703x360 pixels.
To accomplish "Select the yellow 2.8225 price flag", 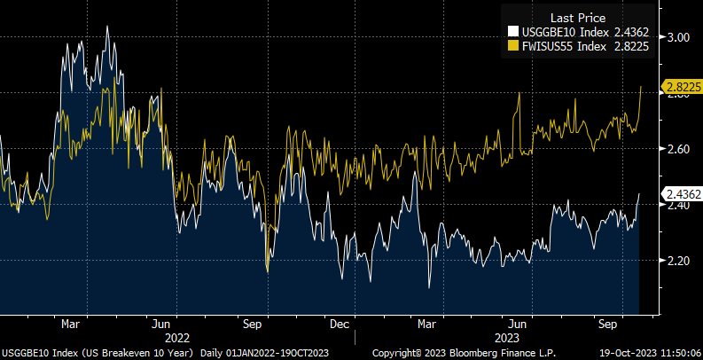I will coord(683,87).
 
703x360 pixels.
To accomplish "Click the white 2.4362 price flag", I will coord(683,194).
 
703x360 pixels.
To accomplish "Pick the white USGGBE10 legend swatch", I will coord(512,34).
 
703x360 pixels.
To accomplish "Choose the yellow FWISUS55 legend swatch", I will coord(512,48).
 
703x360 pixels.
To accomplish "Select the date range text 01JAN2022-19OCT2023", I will coord(287,352).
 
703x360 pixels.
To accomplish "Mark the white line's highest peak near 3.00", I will coord(107,27).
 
